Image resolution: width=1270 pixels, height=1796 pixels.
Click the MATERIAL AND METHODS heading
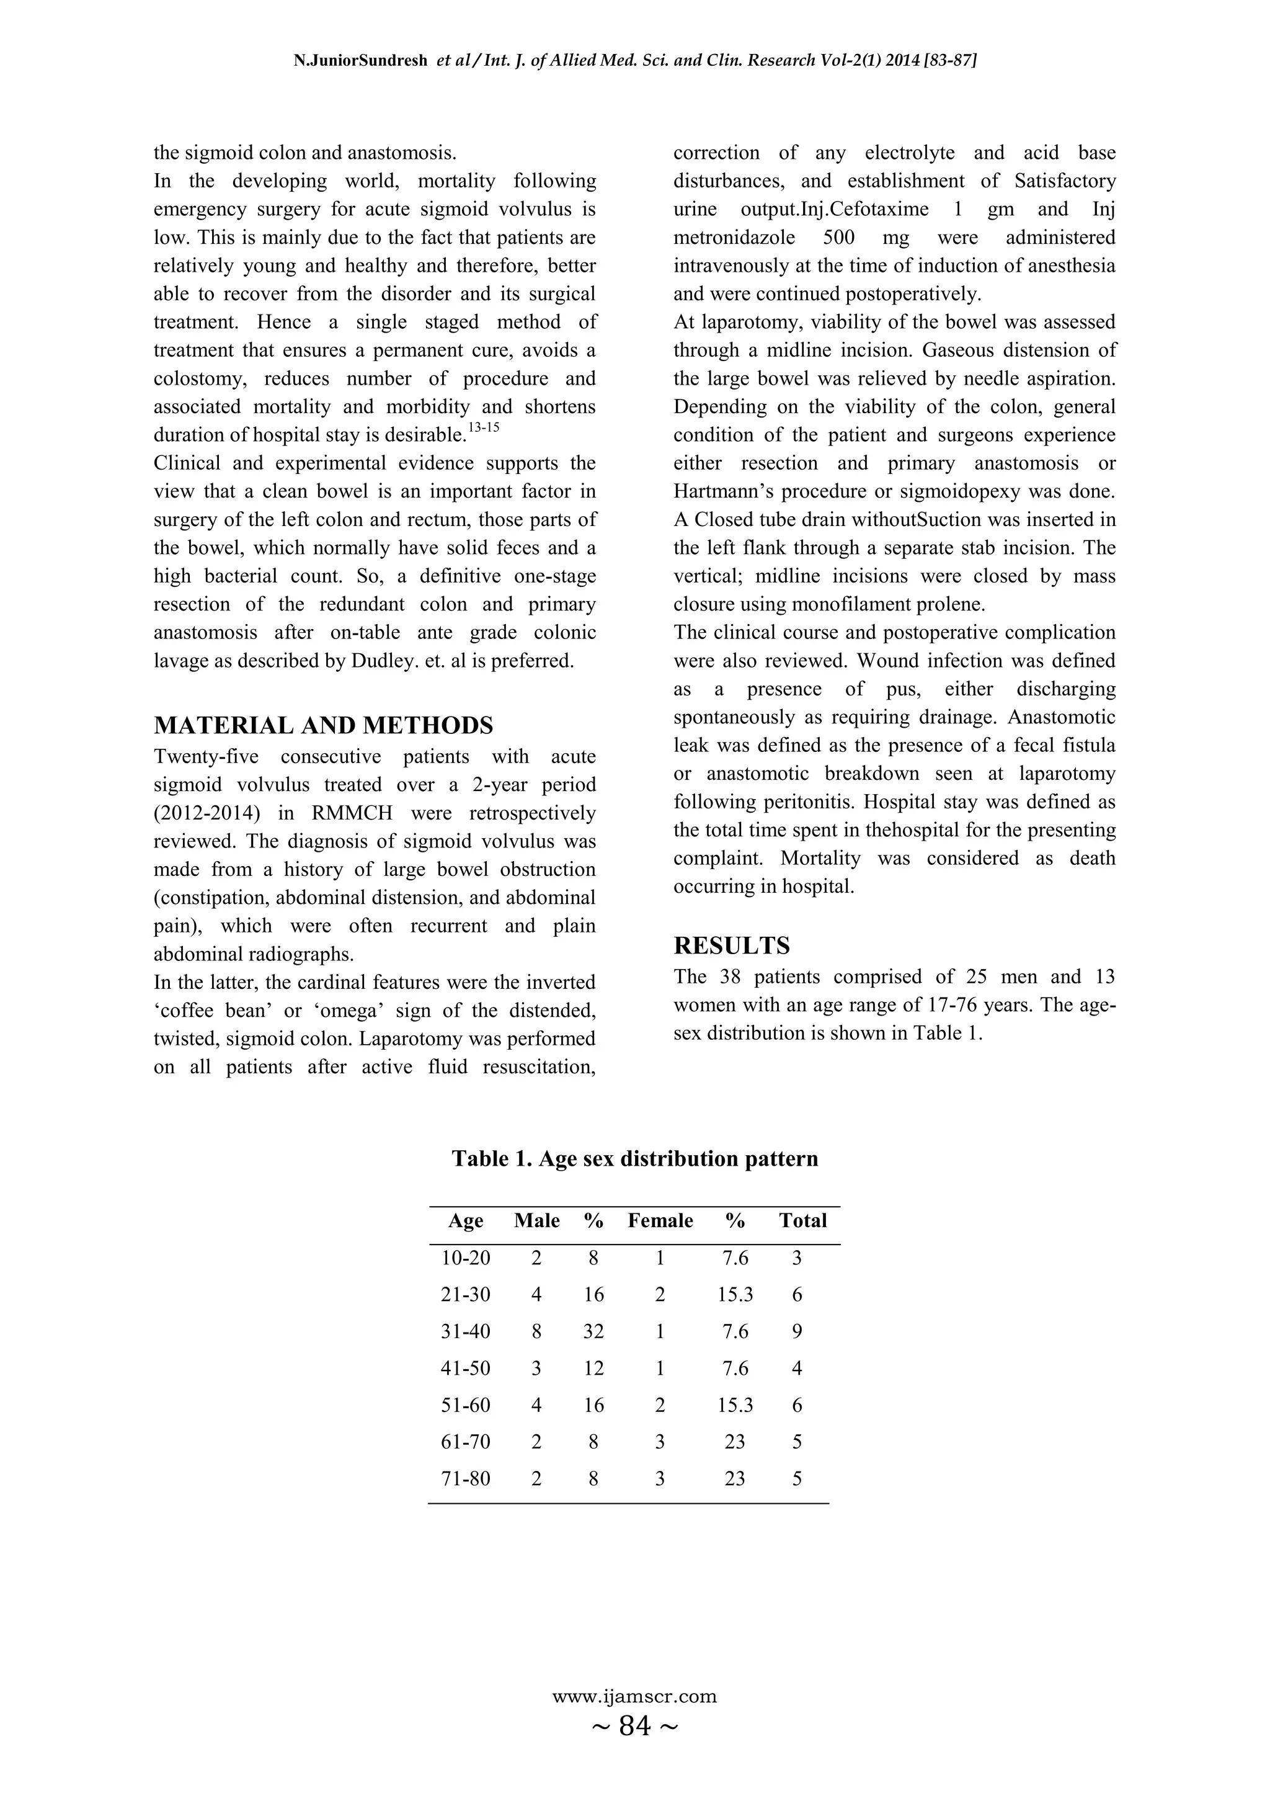(x=323, y=725)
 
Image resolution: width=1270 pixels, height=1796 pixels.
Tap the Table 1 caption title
(x=634, y=1158)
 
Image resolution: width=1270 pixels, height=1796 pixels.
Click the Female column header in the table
(x=660, y=1221)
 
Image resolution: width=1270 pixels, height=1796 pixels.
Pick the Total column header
(x=802, y=1221)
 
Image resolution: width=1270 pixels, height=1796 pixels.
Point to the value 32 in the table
(x=593, y=1331)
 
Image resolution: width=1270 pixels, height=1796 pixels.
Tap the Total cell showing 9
(x=797, y=1331)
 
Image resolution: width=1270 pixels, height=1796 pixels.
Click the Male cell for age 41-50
(x=536, y=1368)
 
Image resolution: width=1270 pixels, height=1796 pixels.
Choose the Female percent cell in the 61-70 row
(x=734, y=1442)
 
